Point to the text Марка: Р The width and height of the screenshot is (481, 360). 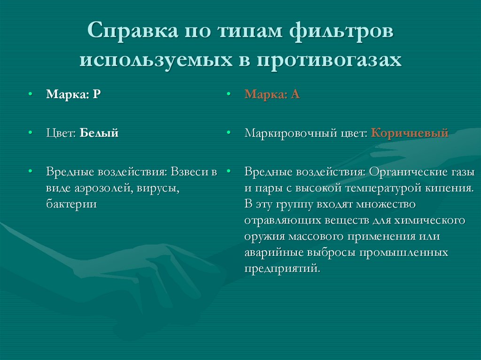pos(73,94)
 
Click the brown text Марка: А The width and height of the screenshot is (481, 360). pos(272,94)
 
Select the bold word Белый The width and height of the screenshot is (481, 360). pos(99,133)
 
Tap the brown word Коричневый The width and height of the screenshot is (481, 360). pos(410,133)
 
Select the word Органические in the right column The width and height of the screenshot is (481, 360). pos(407,172)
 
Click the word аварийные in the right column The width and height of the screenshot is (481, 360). pos(272,253)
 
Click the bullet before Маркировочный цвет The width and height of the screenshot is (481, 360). pos(228,134)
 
